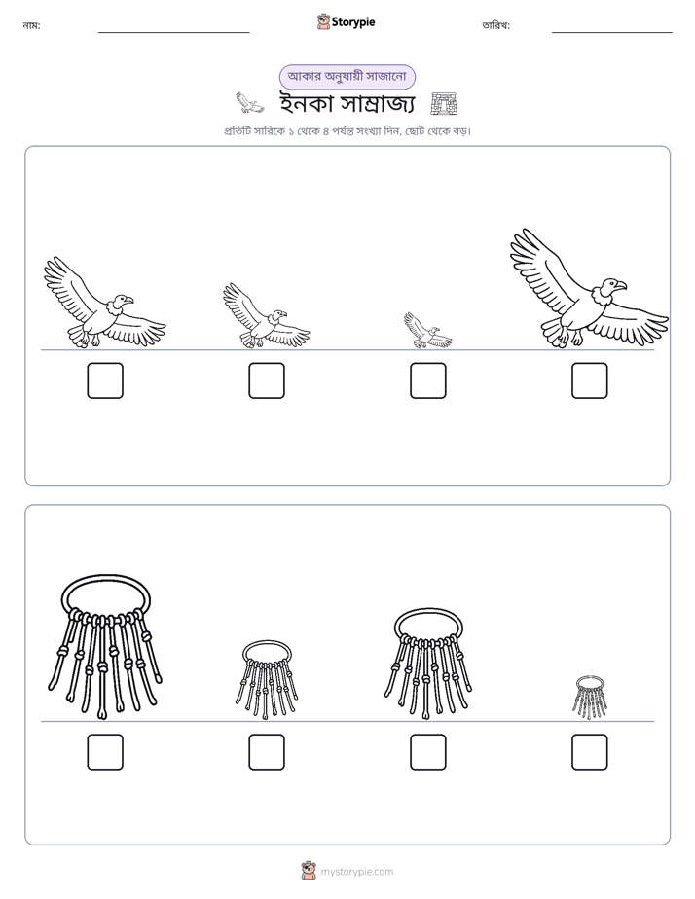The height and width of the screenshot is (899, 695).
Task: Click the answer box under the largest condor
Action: tap(590, 380)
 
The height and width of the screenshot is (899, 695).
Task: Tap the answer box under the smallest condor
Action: tap(427, 380)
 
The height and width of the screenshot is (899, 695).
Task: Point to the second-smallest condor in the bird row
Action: tap(266, 315)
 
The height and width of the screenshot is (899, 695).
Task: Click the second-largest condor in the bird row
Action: tap(105, 303)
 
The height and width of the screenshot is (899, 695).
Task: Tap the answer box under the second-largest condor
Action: tap(105, 380)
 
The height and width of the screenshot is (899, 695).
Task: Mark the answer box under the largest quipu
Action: tap(105, 752)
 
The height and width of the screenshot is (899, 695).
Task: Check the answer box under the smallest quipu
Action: tap(590, 752)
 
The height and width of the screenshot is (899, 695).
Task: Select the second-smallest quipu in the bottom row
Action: tap(267, 680)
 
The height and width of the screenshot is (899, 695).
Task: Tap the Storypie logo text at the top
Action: tap(353, 22)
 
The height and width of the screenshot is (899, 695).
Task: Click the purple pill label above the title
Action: tap(347, 77)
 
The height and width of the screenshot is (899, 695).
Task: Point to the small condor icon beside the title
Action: tap(250, 103)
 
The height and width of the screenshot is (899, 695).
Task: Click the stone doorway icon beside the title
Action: tap(444, 104)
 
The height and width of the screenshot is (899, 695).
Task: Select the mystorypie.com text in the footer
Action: tap(356, 872)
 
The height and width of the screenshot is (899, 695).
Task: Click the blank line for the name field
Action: tap(173, 33)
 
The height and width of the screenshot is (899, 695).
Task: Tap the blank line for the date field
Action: tap(612, 33)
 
